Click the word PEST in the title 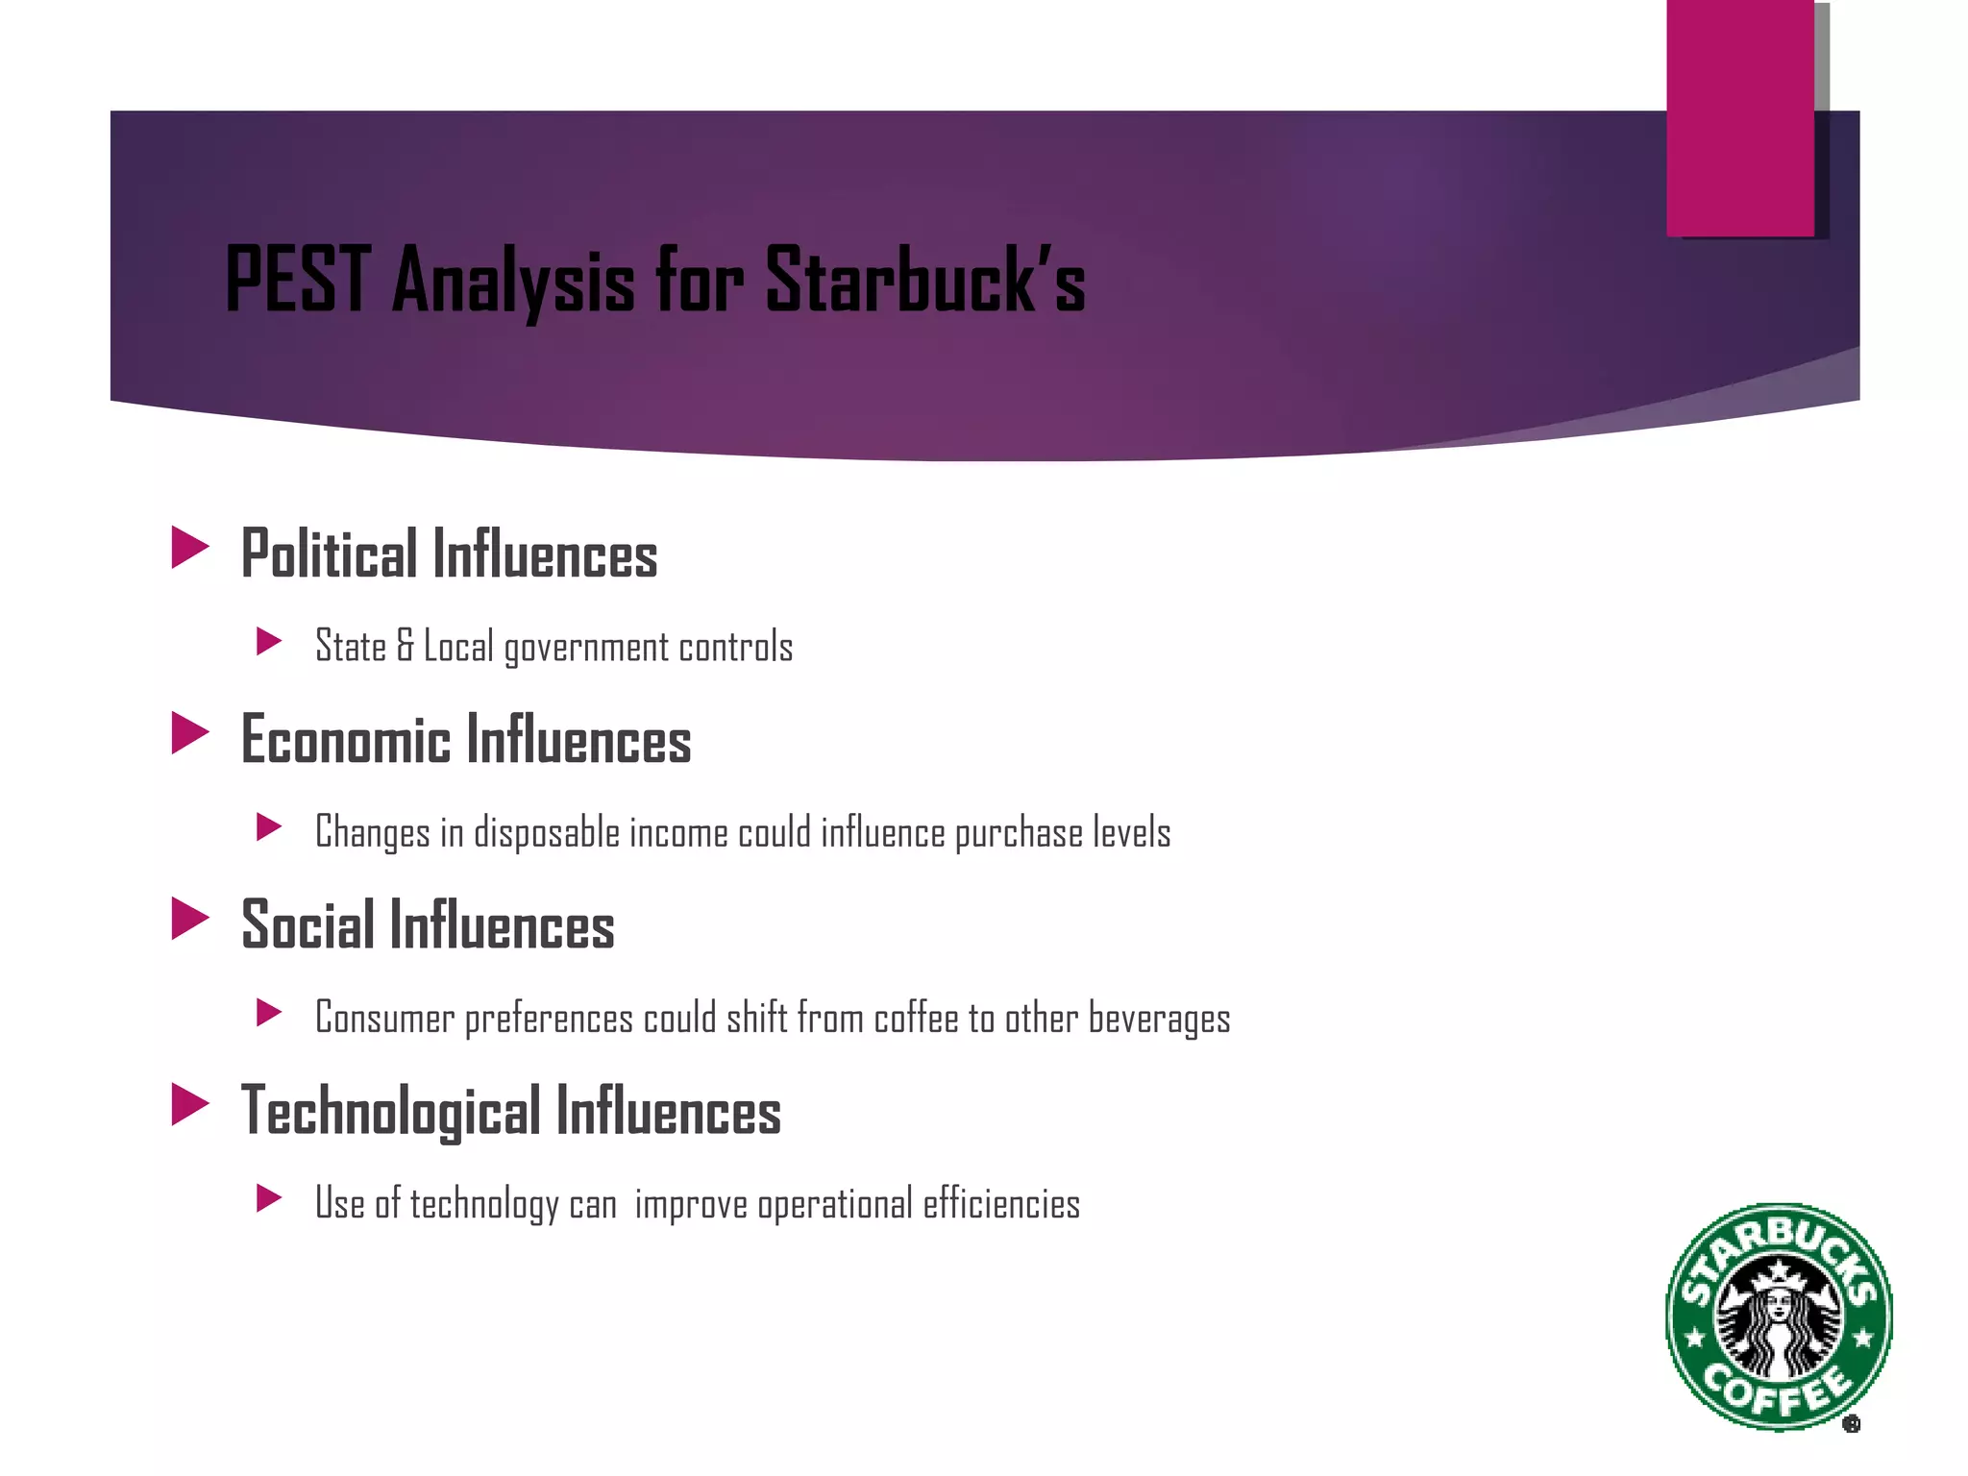297,280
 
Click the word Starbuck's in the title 924,280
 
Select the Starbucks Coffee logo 1779,1316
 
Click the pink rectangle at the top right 1739,117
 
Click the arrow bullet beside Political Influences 189,548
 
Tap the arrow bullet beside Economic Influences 189,733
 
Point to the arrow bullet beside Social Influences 189,919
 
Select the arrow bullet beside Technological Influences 189,1104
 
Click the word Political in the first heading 329,554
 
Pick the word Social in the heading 307,925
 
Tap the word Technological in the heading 390,1111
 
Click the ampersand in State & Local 405,646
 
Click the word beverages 1159,1019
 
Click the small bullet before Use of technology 269,1198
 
